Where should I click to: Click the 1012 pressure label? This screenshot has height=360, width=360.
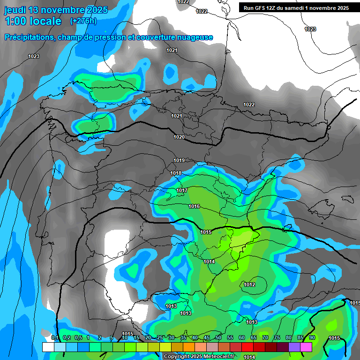point(249,285)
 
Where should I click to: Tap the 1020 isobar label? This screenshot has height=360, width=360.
point(179,137)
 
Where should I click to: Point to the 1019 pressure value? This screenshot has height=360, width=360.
point(179,160)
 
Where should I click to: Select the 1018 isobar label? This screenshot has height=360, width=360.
point(176,173)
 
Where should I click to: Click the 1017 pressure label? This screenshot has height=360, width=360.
point(182,190)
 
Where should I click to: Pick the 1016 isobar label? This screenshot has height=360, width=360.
point(194,206)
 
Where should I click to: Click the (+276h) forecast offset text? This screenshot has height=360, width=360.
point(83,21)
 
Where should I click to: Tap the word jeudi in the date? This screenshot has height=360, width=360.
point(15,10)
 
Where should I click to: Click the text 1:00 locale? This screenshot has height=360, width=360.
point(33,21)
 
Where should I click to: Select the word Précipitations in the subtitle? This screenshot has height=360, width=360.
point(29,37)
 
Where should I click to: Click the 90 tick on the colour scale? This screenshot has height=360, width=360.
point(312,337)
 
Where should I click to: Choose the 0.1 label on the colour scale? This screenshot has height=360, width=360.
point(55,337)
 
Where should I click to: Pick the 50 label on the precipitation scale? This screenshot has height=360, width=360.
point(218,337)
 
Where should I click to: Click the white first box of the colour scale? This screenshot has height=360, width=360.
point(48,347)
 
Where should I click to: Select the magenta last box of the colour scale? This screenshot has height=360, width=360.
point(306,347)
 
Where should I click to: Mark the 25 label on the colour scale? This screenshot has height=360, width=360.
point(160,337)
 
